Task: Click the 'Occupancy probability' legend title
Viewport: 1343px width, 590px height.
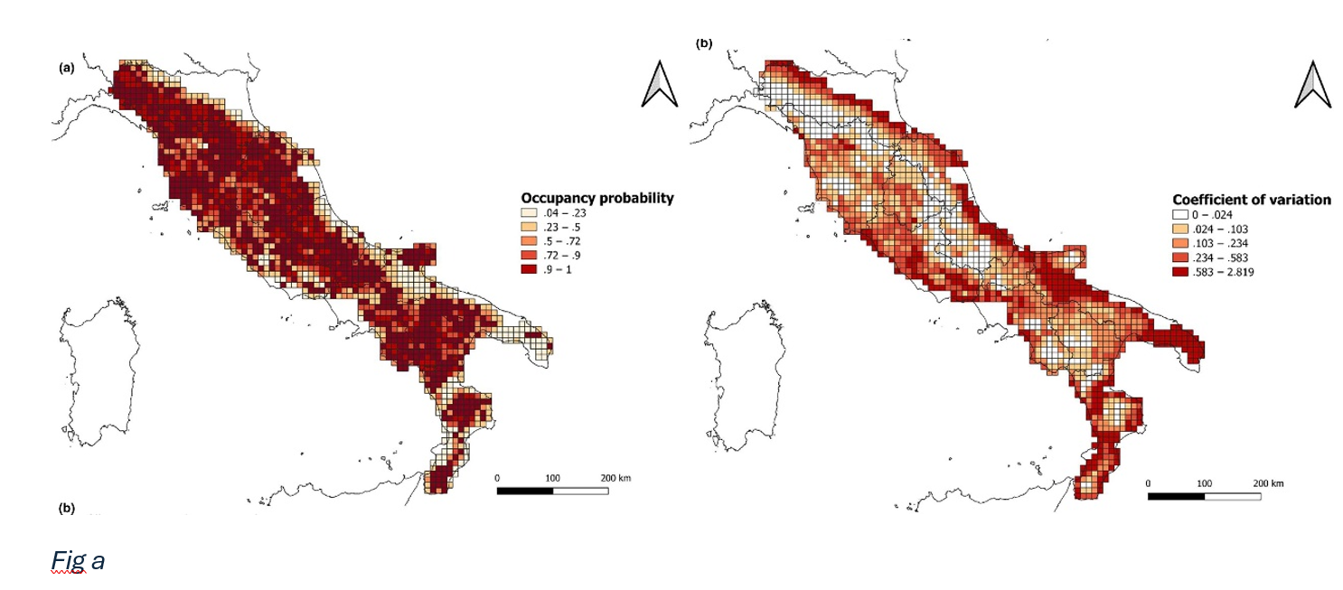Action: [x=596, y=198]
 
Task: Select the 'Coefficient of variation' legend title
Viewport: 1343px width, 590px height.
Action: [x=1251, y=200]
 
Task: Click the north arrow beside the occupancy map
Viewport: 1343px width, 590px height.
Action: [x=660, y=86]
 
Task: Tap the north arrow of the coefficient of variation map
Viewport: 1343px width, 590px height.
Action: [x=1313, y=86]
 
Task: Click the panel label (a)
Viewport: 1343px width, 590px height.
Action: [x=66, y=68]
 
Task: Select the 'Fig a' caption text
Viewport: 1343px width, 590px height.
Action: [x=77, y=560]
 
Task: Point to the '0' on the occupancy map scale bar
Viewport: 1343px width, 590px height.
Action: [x=497, y=477]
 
